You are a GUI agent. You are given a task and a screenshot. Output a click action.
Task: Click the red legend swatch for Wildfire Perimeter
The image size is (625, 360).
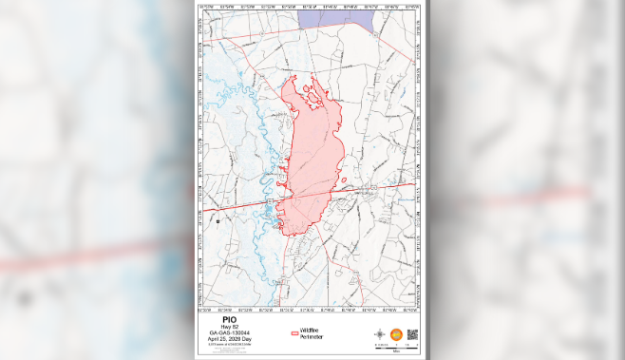(294, 334)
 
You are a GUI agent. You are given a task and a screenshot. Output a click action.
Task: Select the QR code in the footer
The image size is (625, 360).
(412, 334)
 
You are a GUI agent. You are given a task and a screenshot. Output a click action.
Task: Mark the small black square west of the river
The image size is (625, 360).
(218, 220)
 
